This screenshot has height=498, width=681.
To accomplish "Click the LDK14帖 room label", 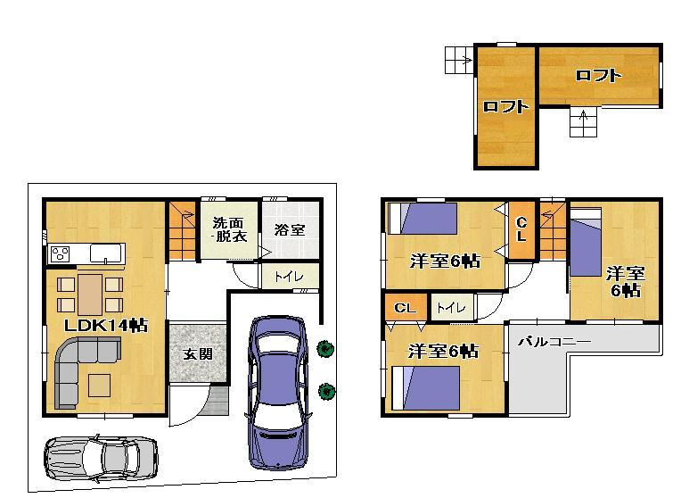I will point(105,326).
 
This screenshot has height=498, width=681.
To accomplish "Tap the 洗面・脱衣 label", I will point(228,229).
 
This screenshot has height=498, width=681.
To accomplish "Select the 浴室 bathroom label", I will point(290,229).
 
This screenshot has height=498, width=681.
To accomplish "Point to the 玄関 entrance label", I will point(197,353).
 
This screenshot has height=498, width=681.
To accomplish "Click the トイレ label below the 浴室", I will point(289,277).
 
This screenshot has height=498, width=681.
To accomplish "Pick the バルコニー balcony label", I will point(554,342).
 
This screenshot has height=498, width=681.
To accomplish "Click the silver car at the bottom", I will point(101,456).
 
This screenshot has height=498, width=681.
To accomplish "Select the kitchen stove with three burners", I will point(61,253).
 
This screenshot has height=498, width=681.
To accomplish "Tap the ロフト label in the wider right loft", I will point(598,76).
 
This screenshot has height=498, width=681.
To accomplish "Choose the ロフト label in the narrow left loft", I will point(505,107).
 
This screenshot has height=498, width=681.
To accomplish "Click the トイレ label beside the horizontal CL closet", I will point(451,308).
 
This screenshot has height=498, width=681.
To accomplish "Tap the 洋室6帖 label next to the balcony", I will point(443,351).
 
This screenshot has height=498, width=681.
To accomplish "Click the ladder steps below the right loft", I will point(583,122).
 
